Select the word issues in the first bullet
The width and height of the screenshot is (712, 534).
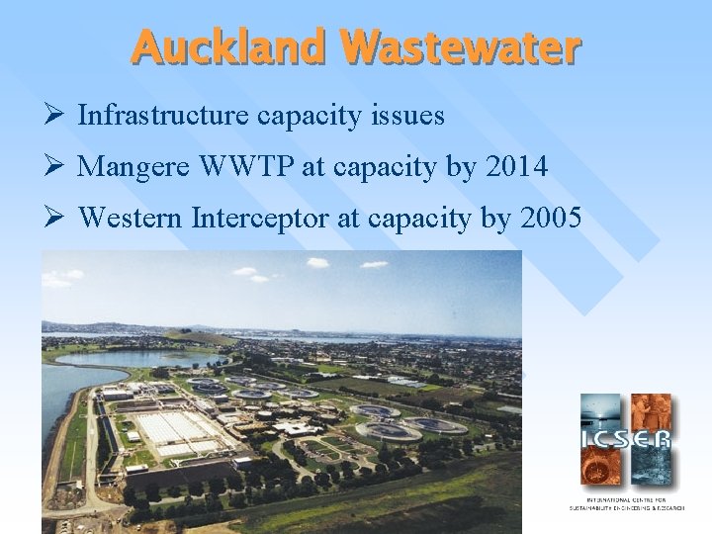tap(407, 117)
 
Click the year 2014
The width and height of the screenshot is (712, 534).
tap(516, 167)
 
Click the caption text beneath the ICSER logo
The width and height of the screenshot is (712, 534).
tap(626, 504)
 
